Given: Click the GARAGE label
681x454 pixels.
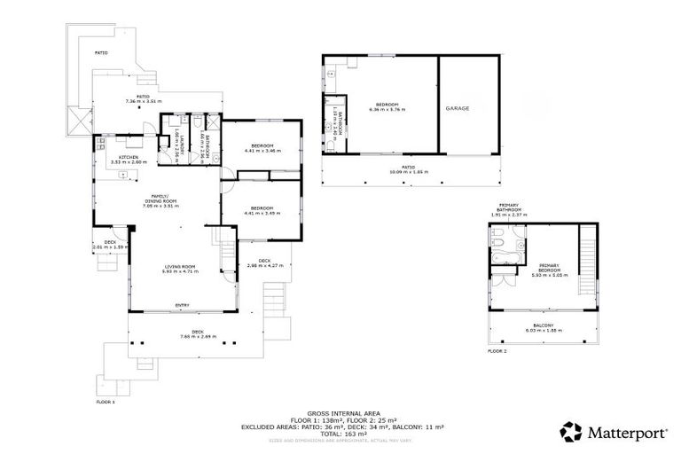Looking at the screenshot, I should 458,108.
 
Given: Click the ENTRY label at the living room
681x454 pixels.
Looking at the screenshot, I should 183,306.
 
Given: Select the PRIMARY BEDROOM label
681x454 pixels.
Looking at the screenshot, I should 552,268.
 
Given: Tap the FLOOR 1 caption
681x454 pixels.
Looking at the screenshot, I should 106,402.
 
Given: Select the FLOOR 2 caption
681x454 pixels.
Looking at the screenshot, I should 497,351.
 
